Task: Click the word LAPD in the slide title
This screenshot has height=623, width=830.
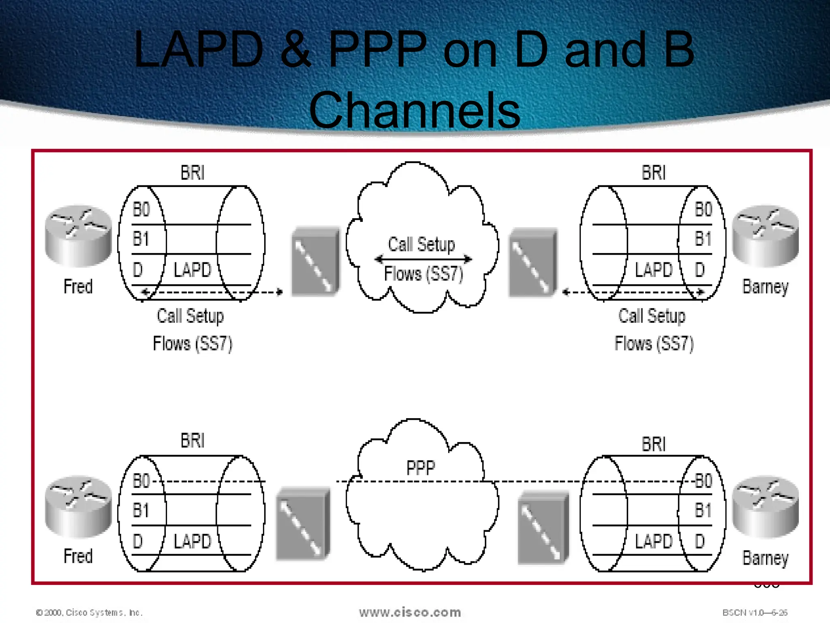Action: coord(199,49)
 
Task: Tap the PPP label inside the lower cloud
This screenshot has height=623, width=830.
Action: coord(421,468)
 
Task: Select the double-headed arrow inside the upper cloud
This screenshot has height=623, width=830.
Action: coord(423,259)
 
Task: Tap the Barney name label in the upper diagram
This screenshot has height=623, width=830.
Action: coord(765,287)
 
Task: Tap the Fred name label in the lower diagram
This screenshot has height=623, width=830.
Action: coord(78,556)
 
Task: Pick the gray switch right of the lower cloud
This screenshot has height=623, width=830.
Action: coord(543,527)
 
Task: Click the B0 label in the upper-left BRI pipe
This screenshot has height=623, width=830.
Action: coord(141,210)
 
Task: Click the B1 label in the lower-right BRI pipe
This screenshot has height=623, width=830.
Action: coord(703,510)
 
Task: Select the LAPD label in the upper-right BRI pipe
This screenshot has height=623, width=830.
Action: coord(653,270)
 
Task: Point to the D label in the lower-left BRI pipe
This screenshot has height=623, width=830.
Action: coord(138,541)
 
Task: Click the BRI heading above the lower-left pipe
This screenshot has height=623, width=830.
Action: coord(193,441)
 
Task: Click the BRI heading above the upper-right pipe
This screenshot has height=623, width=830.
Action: coord(654,173)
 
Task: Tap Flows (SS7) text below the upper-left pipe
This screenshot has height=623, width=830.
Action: coord(193,344)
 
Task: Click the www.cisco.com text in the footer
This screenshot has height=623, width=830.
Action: coord(410,612)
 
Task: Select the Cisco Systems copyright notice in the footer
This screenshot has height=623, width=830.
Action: coord(89,612)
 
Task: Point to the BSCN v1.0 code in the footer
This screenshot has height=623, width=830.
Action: coord(755,612)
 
